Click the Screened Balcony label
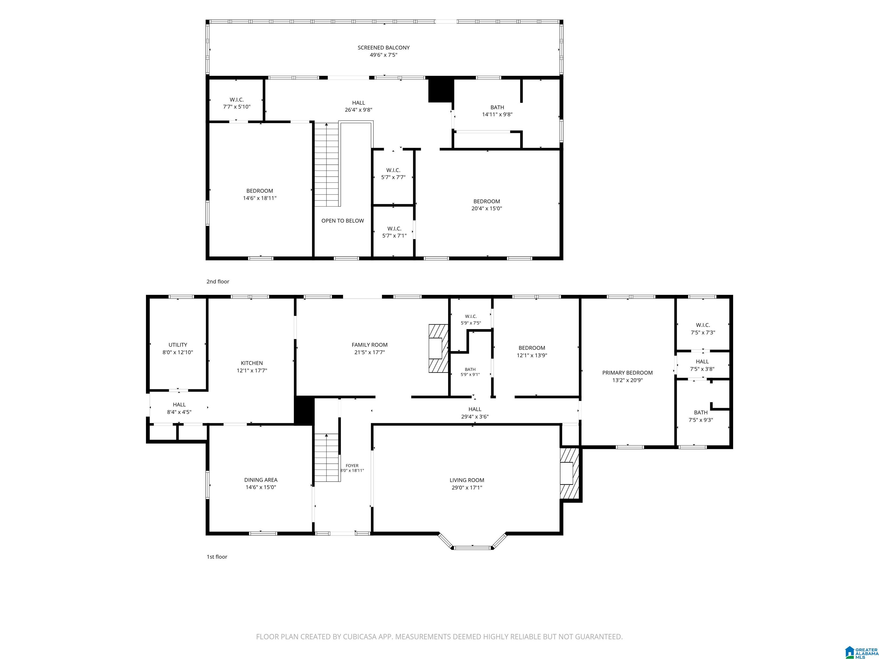(x=383, y=48)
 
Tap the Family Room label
(x=370, y=345)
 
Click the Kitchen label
(x=252, y=363)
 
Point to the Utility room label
(x=178, y=345)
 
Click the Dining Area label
(x=261, y=480)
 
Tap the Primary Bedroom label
(x=627, y=373)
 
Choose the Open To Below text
(x=343, y=221)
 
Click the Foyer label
(x=352, y=466)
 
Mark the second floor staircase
(x=327, y=164)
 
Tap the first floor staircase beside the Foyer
(x=327, y=458)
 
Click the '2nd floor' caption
(x=218, y=282)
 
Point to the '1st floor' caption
(x=217, y=557)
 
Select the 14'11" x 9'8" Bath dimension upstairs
(x=497, y=114)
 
